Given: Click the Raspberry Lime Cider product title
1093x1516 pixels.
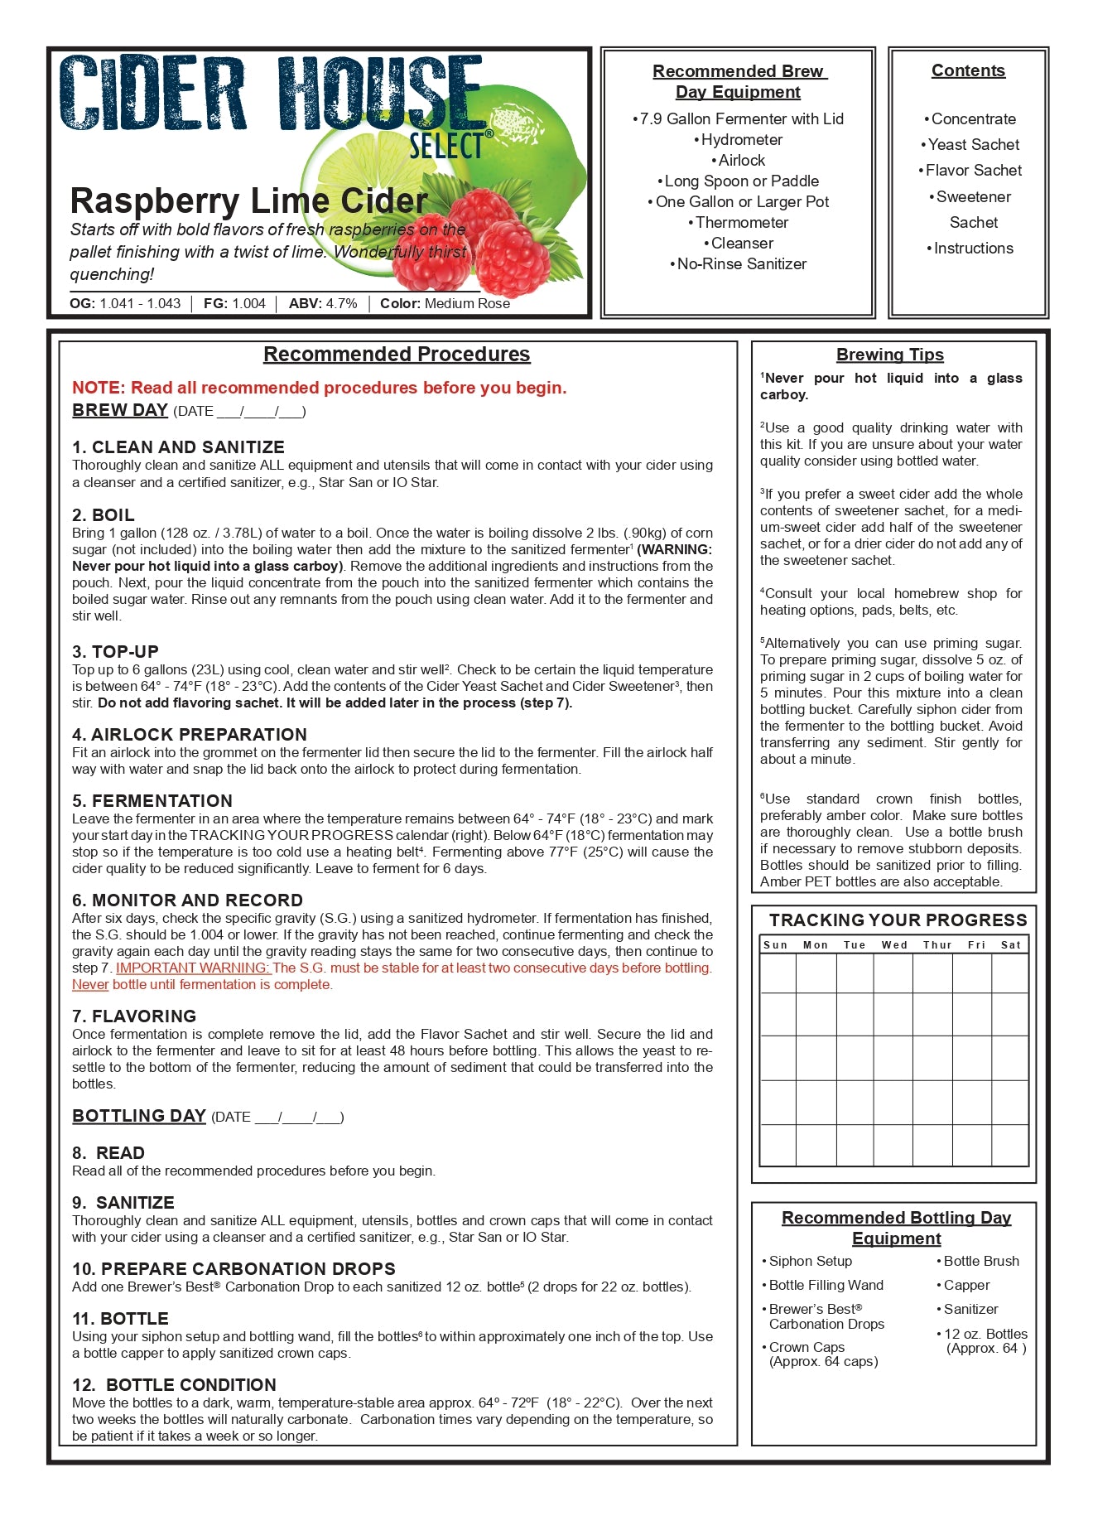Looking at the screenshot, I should click(248, 201).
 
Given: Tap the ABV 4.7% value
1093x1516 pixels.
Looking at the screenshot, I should click(323, 304).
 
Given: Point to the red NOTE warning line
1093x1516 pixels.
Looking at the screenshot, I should click(319, 388).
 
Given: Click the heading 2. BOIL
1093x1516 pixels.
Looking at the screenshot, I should click(104, 514).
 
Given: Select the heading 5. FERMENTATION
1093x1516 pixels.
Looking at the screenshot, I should click(152, 801).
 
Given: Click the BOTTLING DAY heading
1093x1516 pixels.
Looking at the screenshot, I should click(139, 1116).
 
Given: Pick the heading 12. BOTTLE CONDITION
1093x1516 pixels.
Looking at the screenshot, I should click(174, 1385).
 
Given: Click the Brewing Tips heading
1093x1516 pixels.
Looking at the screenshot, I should click(889, 355).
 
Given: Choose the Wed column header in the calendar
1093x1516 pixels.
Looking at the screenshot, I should click(894, 945).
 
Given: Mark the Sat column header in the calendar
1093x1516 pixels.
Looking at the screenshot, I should click(1010, 945).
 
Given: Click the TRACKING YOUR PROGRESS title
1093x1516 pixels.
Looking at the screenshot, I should click(898, 920).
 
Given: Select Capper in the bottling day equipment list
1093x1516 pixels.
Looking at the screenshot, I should click(966, 1285).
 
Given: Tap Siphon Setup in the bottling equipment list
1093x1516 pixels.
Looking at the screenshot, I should click(810, 1261).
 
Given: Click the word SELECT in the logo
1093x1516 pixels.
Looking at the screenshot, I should click(445, 146).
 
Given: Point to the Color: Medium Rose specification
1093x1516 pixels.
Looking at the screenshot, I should click(445, 304).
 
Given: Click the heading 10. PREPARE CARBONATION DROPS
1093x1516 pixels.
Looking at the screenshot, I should click(234, 1269).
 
